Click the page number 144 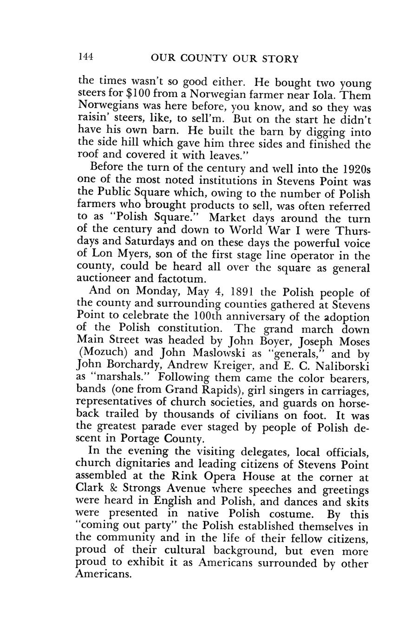coord(86,57)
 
